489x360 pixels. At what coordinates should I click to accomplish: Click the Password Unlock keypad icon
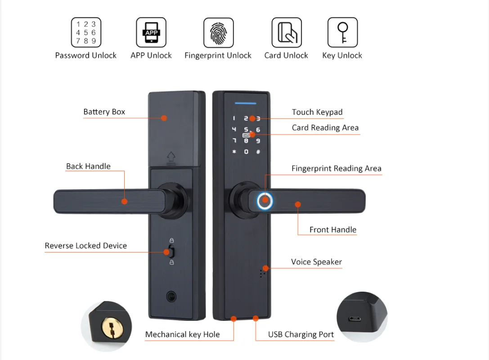[86, 32]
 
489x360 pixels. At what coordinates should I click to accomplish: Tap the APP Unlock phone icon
[151, 32]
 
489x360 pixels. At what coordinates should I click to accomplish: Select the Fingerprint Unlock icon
[219, 32]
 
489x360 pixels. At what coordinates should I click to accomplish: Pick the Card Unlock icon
[287, 32]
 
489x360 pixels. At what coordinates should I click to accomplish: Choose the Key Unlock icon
[342, 32]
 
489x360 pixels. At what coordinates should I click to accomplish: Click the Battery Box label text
[104, 112]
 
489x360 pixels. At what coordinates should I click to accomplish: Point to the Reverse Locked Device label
[86, 246]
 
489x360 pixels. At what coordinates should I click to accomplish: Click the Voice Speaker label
[316, 262]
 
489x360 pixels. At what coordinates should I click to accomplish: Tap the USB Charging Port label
[301, 334]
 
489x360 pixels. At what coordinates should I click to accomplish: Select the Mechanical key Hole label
[182, 334]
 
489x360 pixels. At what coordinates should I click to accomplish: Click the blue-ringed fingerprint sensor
[265, 201]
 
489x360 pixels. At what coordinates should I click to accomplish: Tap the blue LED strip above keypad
[246, 102]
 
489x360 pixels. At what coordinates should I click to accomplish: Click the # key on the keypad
[258, 152]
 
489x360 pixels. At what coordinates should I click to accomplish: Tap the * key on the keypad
[234, 152]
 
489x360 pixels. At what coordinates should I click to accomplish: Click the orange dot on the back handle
[125, 201]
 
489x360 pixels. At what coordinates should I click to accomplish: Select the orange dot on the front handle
[298, 205]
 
